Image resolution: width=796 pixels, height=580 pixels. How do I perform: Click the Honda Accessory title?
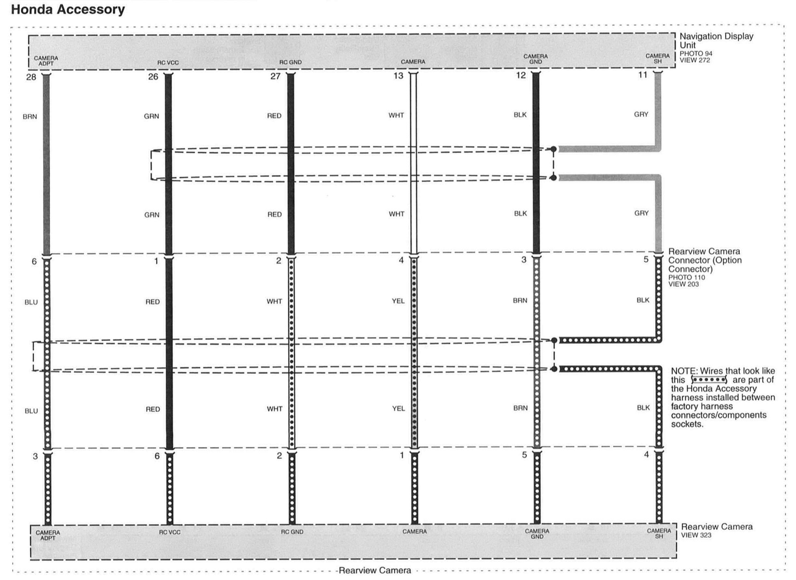click(68, 10)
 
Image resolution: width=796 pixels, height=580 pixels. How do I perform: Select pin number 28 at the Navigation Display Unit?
click(31, 77)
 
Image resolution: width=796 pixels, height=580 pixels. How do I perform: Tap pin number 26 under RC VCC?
click(153, 77)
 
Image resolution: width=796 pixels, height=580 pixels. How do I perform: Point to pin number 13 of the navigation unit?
click(398, 76)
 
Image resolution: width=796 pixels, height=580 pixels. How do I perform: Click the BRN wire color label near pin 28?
click(30, 117)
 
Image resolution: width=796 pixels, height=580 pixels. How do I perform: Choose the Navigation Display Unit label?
click(716, 41)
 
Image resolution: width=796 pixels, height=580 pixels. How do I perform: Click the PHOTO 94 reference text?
click(696, 54)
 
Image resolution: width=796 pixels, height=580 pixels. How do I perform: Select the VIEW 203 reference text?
click(683, 284)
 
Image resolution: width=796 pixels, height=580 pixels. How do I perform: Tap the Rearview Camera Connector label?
click(705, 260)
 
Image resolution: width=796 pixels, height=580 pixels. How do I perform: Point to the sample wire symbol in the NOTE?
click(709, 380)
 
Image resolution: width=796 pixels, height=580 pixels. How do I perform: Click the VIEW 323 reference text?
click(696, 535)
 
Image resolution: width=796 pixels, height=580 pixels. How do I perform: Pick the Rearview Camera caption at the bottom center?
click(375, 571)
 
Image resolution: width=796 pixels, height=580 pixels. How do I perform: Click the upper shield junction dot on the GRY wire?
click(553, 149)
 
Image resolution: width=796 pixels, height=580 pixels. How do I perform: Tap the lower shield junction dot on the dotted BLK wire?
click(554, 369)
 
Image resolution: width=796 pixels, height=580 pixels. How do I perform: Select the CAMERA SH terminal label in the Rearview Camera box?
click(659, 534)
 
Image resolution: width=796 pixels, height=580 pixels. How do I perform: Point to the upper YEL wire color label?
click(398, 301)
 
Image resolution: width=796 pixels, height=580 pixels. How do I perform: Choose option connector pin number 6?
click(34, 262)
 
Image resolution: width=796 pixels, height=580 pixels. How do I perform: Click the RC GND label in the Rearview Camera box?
click(292, 532)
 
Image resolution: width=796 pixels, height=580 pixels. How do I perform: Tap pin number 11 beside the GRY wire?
click(643, 75)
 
